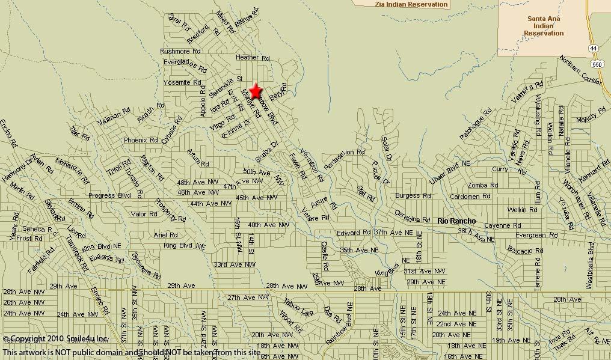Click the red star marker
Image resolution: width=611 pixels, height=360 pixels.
tap(256, 91)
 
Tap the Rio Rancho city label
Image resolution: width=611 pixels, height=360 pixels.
tap(456, 221)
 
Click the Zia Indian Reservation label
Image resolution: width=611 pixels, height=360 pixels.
tap(411, 4)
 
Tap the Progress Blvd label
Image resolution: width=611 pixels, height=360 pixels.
tap(109, 195)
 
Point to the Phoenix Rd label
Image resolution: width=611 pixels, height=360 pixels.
tap(141, 140)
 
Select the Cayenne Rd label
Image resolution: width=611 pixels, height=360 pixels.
tap(502, 225)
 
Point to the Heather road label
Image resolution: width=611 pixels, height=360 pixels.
tap(247, 57)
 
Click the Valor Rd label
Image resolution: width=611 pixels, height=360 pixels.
tap(144, 214)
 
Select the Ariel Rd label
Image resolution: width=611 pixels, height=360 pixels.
tap(165, 235)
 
